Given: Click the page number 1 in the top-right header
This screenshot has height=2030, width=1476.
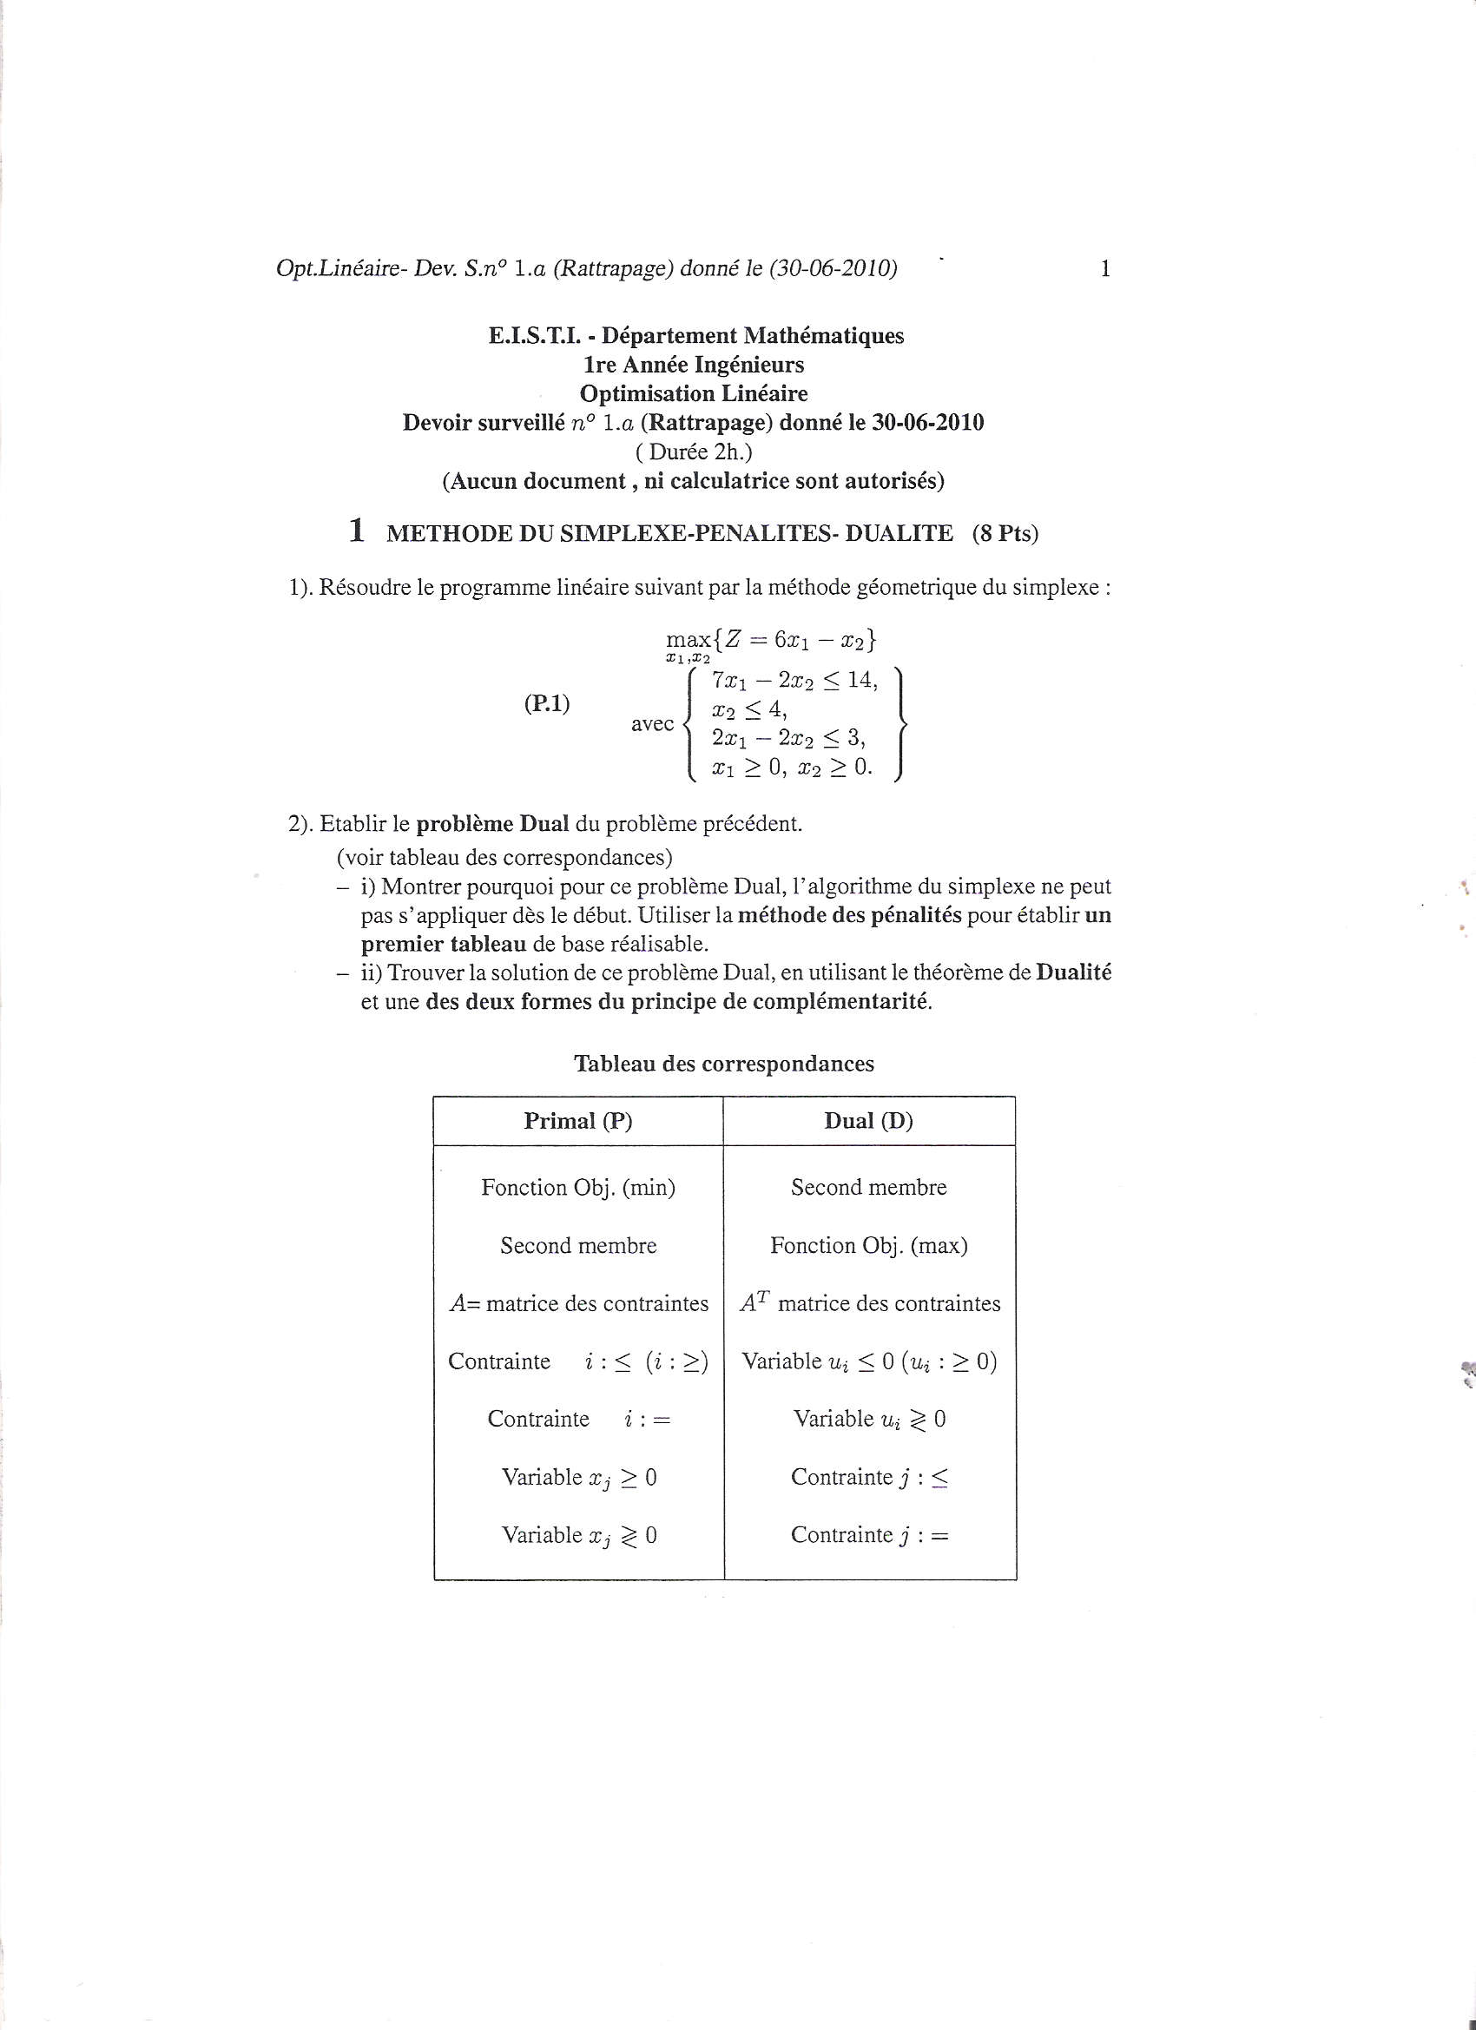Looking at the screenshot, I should click(x=1104, y=268).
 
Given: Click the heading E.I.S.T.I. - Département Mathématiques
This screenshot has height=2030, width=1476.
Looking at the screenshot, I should click(x=695, y=336).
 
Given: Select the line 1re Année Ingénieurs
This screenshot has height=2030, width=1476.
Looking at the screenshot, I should click(x=694, y=365).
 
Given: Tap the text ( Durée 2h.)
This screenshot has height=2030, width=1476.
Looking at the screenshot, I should click(x=694, y=452).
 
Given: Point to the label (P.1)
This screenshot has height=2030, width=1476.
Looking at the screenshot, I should click(x=546, y=703).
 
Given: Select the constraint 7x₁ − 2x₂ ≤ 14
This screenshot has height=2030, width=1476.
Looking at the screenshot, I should click(x=794, y=680).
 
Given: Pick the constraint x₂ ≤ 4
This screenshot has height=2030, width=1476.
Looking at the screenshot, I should click(x=749, y=709).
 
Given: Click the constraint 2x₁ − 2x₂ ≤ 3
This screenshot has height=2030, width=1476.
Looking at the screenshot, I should click(x=787, y=737).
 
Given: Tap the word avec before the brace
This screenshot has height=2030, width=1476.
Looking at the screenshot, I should click(x=652, y=723).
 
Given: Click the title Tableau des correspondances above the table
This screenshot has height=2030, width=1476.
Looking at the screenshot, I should click(x=723, y=1064).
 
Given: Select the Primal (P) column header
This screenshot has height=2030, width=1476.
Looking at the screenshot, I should click(x=578, y=1121).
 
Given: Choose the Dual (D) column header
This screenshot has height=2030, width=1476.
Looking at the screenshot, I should click(x=868, y=1121).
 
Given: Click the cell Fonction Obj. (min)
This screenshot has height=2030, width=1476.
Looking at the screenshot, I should click(x=578, y=1188).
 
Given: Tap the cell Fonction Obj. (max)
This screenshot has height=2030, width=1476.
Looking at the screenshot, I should click(x=868, y=1246).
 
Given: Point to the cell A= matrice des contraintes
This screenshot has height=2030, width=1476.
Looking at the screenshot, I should click(x=578, y=1304).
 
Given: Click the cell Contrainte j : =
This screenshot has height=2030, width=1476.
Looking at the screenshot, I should click(x=868, y=1536).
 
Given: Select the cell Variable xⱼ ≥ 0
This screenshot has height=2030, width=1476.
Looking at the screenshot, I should click(x=578, y=1478).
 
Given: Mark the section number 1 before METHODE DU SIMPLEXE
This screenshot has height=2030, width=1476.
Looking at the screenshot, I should click(x=356, y=531).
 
